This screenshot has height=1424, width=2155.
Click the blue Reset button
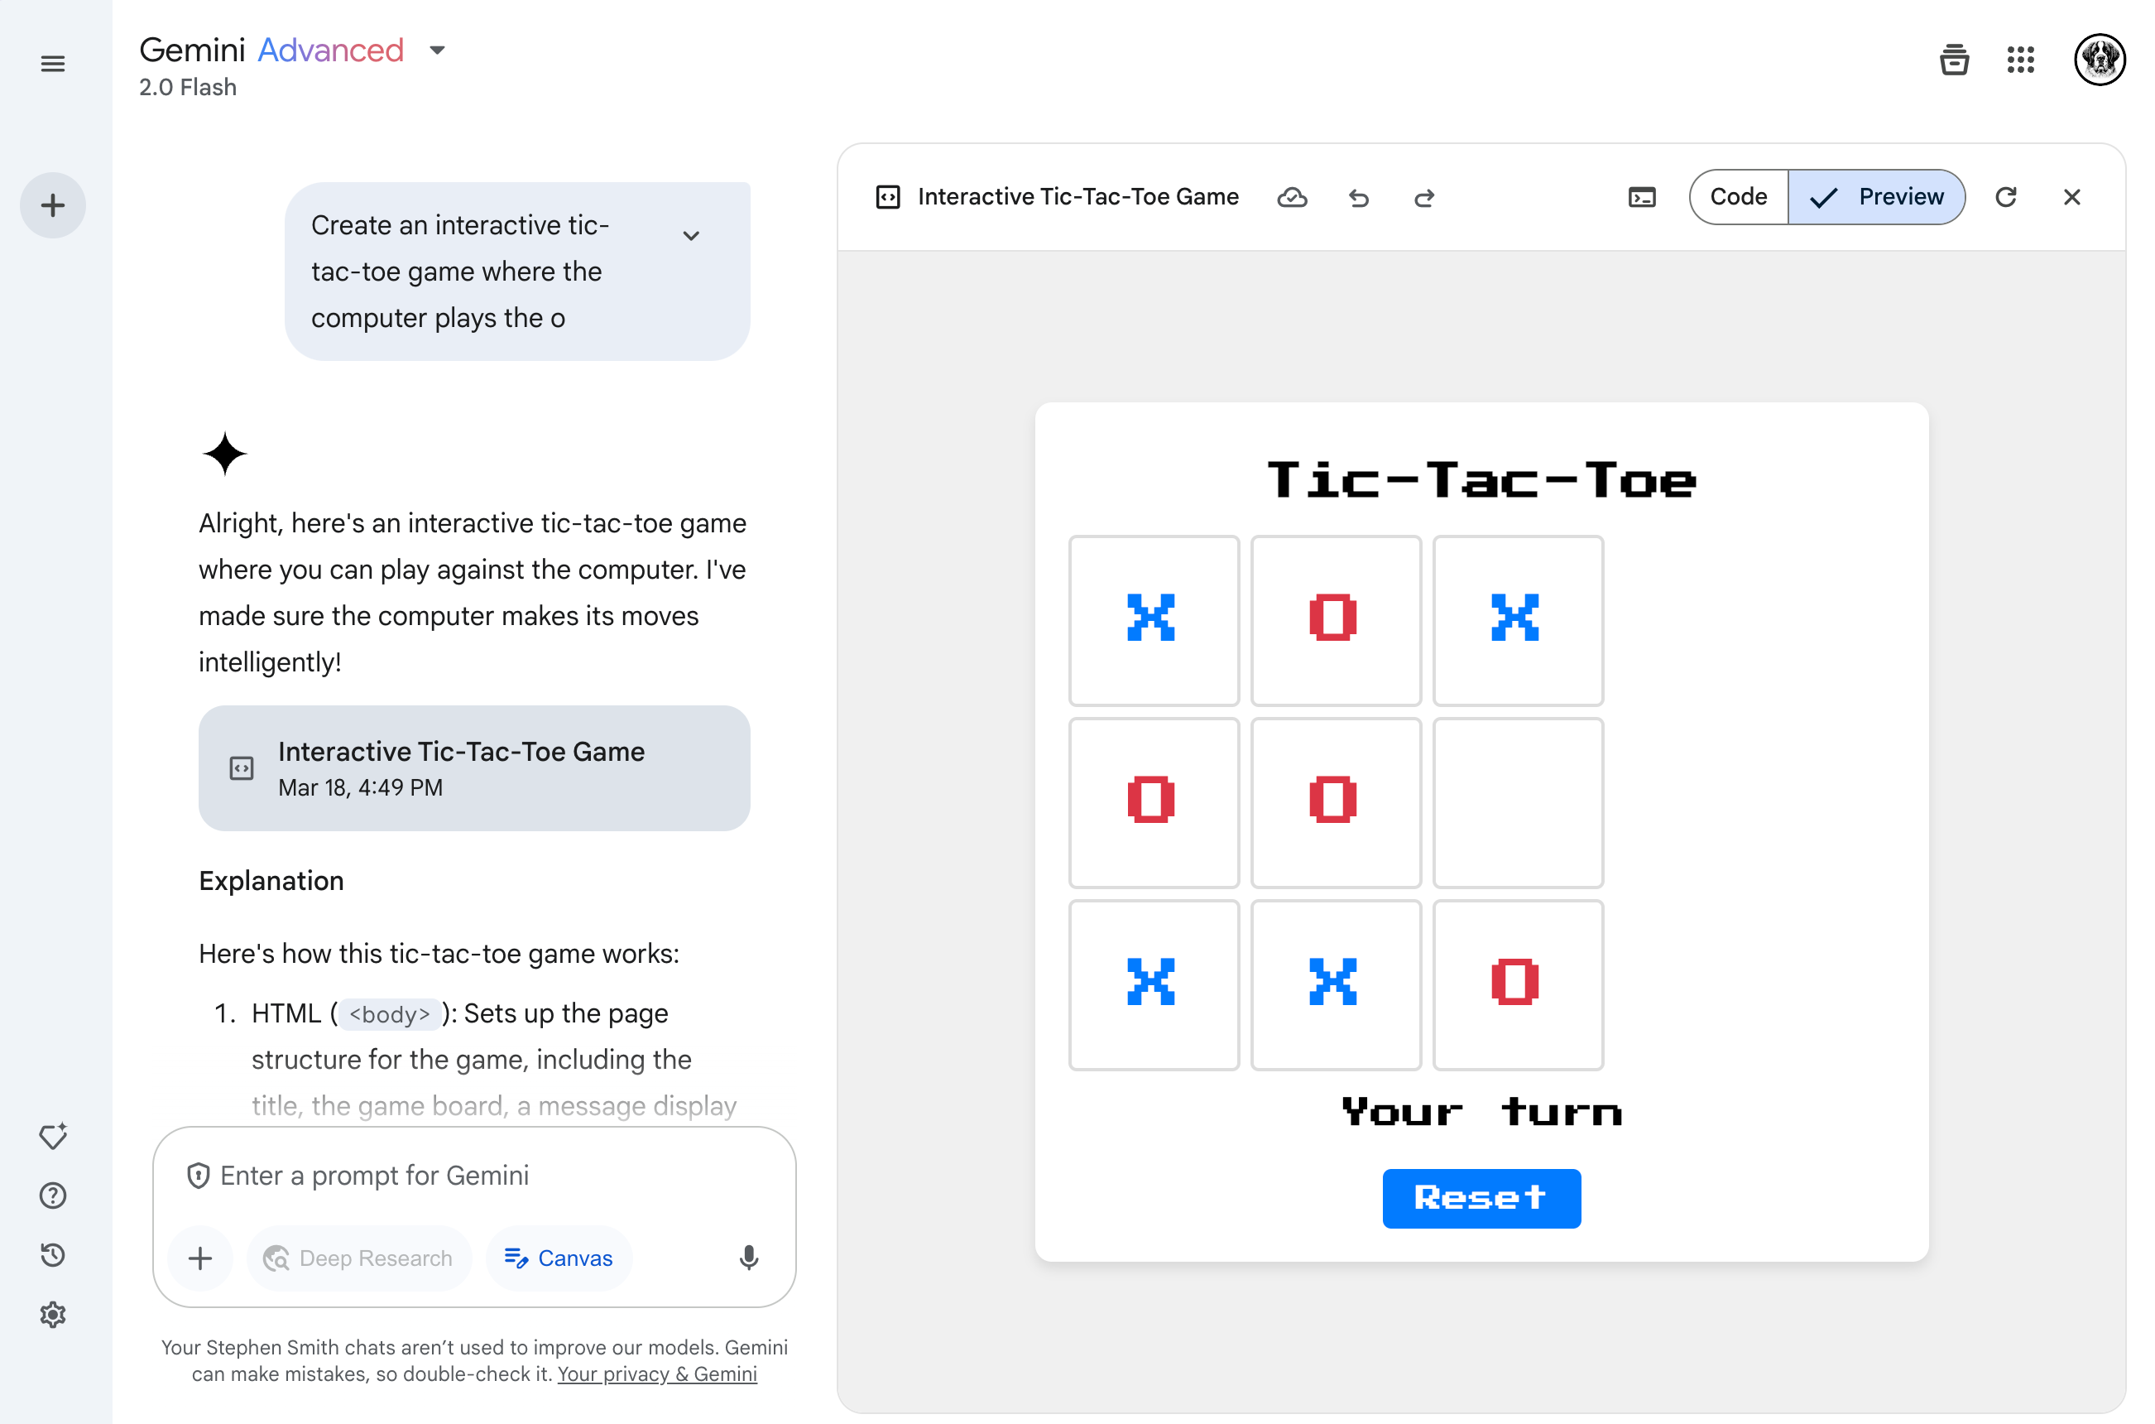point(1481,1198)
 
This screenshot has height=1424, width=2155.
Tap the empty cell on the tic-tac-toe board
point(1518,802)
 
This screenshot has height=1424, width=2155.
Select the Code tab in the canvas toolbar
point(1737,197)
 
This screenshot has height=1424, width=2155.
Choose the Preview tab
point(1876,197)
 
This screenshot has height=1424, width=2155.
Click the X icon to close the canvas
point(2071,197)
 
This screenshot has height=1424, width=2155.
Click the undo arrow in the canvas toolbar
point(1358,197)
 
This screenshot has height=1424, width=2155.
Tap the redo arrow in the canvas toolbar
point(1424,197)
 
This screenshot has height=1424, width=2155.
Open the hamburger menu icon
point(53,64)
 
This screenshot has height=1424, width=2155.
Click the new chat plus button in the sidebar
point(53,205)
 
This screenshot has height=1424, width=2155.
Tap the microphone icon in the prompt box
point(749,1258)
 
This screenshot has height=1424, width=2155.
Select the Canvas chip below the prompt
point(559,1258)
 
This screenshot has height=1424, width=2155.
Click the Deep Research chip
point(358,1258)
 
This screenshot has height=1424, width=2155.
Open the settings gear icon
point(53,1314)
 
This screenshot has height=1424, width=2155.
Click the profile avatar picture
point(2099,60)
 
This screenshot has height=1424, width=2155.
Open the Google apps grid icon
point(2020,60)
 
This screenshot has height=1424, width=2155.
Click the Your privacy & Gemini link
point(657,1374)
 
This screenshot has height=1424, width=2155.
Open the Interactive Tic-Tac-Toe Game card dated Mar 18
point(474,768)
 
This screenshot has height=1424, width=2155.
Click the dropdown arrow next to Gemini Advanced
point(438,50)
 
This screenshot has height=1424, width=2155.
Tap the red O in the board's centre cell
point(1332,799)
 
